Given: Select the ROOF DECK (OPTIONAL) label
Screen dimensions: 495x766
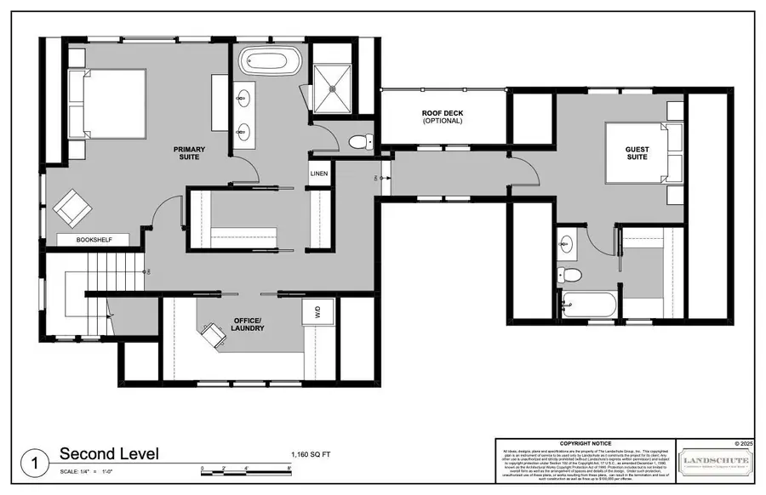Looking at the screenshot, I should click(442, 117).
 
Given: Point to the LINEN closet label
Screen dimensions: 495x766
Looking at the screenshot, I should click(319, 174).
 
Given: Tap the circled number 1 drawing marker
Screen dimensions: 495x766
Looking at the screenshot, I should click(35, 464).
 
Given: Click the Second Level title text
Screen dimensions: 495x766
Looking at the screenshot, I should click(108, 454).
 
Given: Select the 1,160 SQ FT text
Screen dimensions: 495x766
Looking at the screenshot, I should click(310, 455).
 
